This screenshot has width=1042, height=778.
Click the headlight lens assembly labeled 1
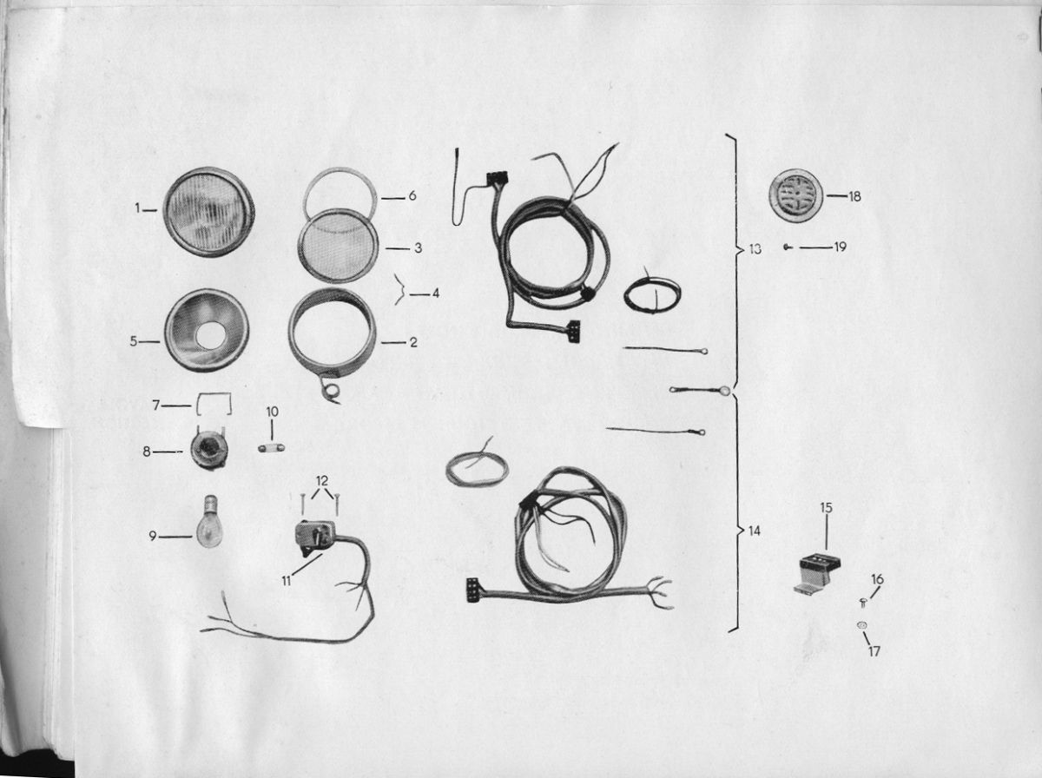click(x=208, y=211)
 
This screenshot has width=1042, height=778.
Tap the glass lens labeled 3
click(x=338, y=246)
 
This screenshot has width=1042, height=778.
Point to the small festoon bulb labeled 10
click(x=272, y=448)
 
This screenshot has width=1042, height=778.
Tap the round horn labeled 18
click(x=796, y=195)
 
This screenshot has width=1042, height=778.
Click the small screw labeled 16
click(x=863, y=603)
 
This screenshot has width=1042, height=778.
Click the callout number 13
click(x=755, y=248)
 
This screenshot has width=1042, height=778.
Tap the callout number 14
click(x=755, y=531)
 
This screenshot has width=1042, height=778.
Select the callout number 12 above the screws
click(x=322, y=481)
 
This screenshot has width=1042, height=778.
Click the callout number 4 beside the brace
click(x=435, y=293)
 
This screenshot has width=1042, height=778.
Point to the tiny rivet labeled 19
click(x=788, y=247)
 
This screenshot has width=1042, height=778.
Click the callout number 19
click(x=840, y=247)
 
